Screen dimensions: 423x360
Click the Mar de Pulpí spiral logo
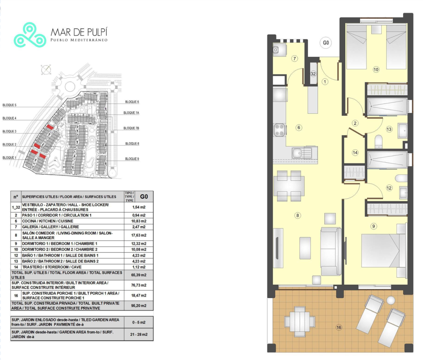tap(30, 35)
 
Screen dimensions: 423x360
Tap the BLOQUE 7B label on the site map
tap(131, 128)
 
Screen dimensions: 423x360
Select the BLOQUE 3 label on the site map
tap(9, 131)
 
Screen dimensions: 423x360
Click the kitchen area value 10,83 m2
tap(139, 221)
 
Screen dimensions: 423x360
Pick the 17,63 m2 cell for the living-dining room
tap(139, 235)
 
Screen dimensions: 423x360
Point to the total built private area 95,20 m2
tap(139, 306)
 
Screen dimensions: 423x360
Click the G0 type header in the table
tap(144, 197)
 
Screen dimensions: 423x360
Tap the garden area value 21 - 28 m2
tap(139, 334)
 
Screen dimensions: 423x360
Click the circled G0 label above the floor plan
tap(326, 43)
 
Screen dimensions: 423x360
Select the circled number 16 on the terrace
tap(339, 327)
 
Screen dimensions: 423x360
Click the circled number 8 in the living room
tap(297, 215)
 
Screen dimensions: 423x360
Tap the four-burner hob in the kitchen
tap(280, 130)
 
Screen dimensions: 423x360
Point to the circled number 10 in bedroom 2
tap(376, 70)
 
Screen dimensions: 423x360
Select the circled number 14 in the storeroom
tap(355, 153)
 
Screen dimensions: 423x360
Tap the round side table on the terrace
tap(391, 300)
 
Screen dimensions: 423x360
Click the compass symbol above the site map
tap(46, 70)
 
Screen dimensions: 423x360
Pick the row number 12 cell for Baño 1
tap(16, 255)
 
